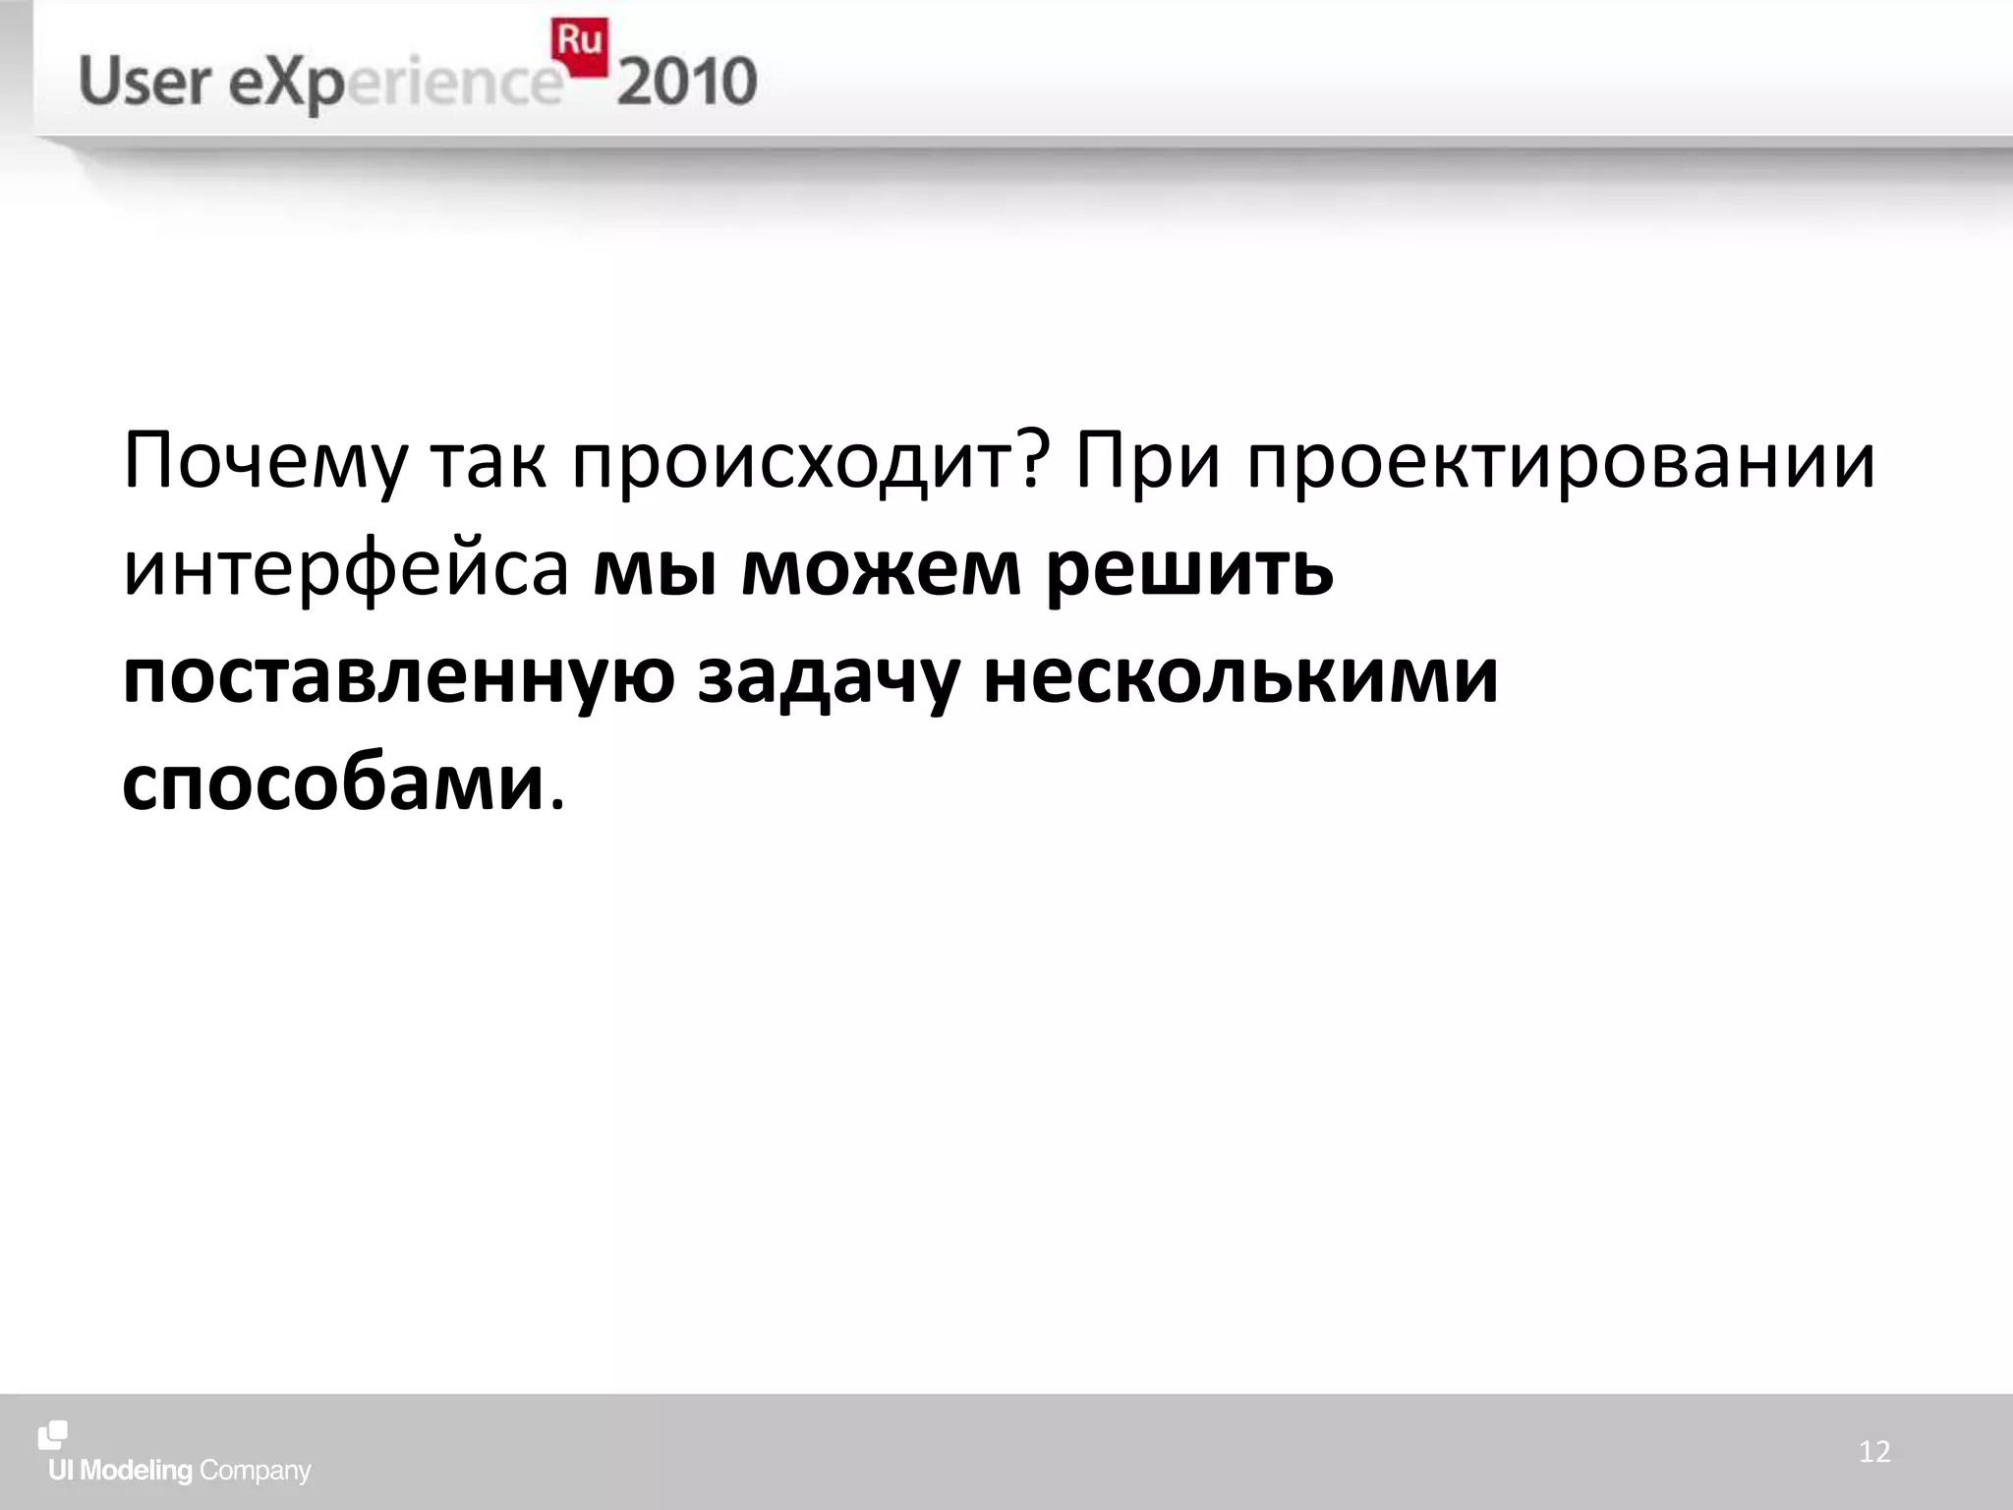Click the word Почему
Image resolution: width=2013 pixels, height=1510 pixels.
pyautogui.click(x=260, y=460)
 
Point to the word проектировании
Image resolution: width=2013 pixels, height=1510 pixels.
pyautogui.click(x=1562, y=460)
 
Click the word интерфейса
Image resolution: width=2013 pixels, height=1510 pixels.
pyautogui.click(x=346, y=570)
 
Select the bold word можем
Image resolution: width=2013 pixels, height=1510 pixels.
pyautogui.click(x=882, y=570)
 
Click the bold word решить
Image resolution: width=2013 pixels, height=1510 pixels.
pyautogui.click(x=1189, y=570)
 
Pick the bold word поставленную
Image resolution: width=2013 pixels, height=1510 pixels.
pyautogui.click(x=399, y=678)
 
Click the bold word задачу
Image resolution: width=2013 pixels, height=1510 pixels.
pyautogui.click(x=829, y=678)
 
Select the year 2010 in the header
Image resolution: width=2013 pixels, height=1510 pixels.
pyautogui.click(x=687, y=83)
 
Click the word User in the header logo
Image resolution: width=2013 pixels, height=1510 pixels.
pyautogui.click(x=145, y=83)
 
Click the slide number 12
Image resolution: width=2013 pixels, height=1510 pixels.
pyautogui.click(x=1874, y=1451)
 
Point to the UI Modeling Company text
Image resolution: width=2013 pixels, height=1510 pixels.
pyautogui.click(x=180, y=1471)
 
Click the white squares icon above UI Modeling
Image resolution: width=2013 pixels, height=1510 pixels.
pyautogui.click(x=53, y=1434)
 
